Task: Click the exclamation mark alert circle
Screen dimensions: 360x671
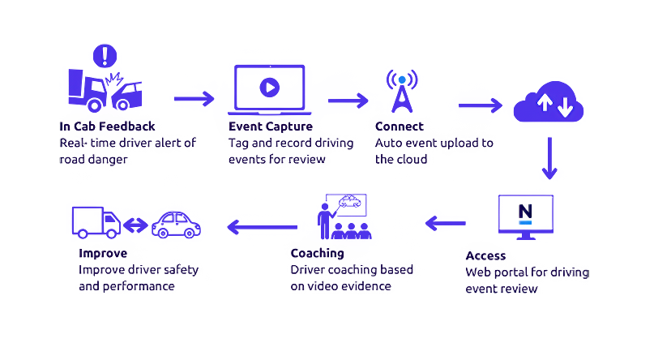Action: point(103,56)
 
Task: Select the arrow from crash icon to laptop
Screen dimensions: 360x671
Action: point(193,98)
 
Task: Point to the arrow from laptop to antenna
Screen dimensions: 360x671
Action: point(348,101)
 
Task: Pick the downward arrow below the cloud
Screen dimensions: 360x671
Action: point(551,159)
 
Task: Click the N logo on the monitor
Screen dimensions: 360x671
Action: point(526,212)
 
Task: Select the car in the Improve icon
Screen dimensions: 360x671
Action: point(174,223)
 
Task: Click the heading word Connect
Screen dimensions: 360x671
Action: point(399,127)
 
